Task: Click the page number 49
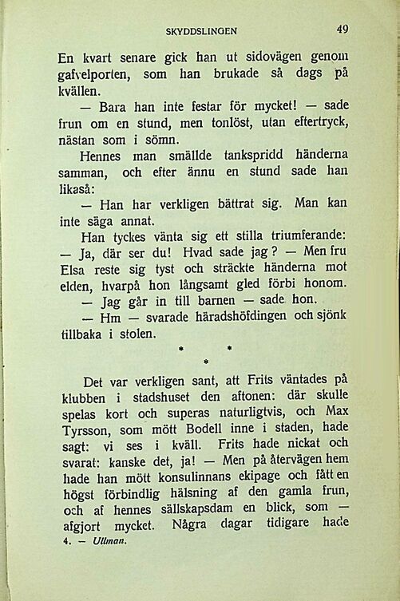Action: pos(343,29)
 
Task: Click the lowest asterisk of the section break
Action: pos(205,363)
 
